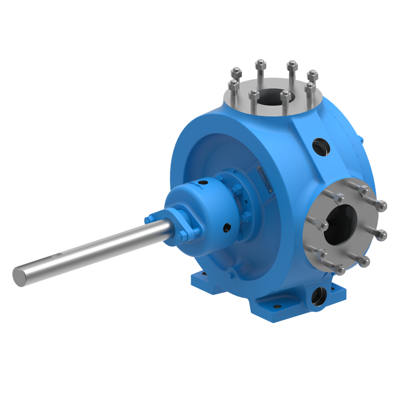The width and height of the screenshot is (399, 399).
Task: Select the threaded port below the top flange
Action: click(x=318, y=147)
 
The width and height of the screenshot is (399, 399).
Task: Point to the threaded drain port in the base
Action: click(x=320, y=295)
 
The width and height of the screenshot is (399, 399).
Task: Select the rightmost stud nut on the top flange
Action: click(x=312, y=75)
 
